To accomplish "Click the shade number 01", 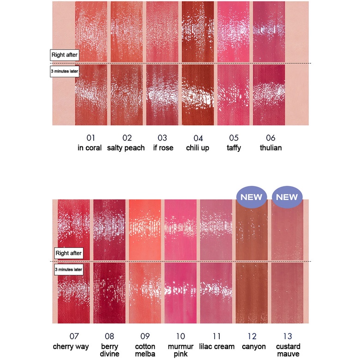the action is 90,138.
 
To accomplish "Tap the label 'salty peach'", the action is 126,148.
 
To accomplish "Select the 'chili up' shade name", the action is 198,148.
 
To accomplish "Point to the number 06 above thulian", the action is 270,138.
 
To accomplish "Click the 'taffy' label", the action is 234,148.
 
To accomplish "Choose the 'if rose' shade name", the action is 163,148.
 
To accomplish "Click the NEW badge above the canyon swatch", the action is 252,197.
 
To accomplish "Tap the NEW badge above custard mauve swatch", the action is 287,197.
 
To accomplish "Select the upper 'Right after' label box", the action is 65,55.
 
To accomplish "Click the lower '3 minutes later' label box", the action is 69,270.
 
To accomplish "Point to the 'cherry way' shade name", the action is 71,346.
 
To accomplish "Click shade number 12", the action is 252,336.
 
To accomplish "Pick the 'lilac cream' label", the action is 217,346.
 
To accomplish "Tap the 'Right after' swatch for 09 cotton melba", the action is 145,229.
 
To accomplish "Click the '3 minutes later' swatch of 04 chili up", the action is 198,95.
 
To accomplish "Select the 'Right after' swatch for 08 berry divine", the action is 109,229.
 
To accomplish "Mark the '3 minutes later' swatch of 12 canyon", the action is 252,293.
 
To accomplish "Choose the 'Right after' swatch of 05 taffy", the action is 233,31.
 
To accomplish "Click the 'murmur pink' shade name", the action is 180,350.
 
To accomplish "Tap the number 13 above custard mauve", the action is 288,336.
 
